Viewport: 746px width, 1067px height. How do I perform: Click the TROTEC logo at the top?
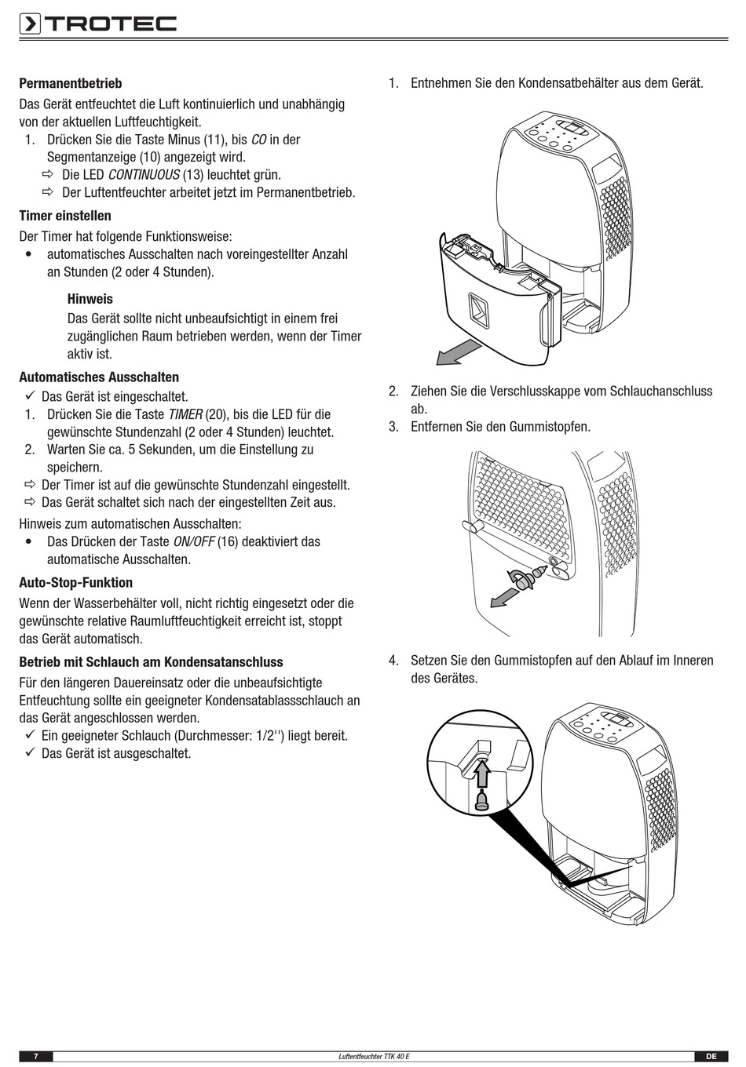(x=99, y=24)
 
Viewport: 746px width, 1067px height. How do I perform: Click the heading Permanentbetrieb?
(x=71, y=83)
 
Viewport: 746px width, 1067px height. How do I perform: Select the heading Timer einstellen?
(x=65, y=216)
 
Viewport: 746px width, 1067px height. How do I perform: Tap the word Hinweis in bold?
(x=90, y=299)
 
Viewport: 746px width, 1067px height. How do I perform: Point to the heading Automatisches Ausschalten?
(x=99, y=377)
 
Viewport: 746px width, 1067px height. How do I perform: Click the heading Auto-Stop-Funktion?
(x=76, y=583)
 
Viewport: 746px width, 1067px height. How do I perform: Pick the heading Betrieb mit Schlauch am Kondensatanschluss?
(x=151, y=662)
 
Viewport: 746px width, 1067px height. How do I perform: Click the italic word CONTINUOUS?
(x=144, y=175)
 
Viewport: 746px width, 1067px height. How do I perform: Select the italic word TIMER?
(x=185, y=414)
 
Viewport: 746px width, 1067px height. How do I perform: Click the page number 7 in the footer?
(x=36, y=1056)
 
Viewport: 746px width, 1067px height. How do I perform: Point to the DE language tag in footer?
(x=711, y=1056)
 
